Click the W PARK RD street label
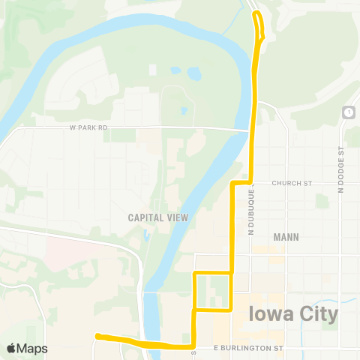coord(88,128)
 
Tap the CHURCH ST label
coord(291,183)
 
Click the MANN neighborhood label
coord(286,237)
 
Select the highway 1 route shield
coord(348,112)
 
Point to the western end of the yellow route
coord(97,337)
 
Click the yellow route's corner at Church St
coord(232,183)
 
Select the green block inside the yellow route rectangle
coord(217,289)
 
